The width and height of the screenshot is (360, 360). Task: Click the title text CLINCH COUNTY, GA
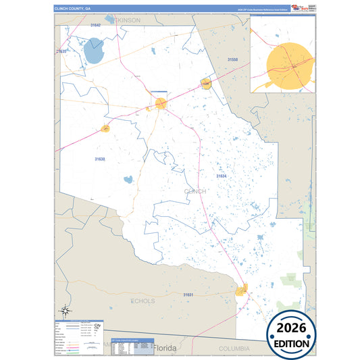point(70,9)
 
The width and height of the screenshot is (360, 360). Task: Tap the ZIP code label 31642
point(95,25)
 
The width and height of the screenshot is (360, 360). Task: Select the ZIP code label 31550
point(232,59)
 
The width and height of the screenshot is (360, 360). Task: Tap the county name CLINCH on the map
point(195,191)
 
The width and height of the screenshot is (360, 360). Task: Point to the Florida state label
point(165,348)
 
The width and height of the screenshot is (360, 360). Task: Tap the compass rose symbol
point(66,311)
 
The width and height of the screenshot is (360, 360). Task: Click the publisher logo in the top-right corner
point(301,8)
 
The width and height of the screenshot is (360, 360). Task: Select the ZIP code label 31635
point(61,51)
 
